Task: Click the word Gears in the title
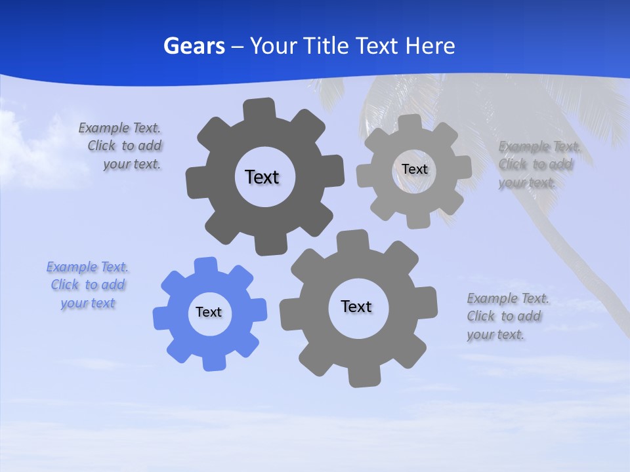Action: click(x=194, y=46)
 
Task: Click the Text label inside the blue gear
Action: click(x=209, y=312)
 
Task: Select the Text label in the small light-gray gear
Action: click(x=414, y=169)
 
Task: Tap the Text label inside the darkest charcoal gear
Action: click(x=262, y=177)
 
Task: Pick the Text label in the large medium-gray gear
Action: click(x=356, y=306)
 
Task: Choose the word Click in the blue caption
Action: click(x=64, y=285)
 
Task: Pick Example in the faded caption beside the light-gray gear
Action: click(x=524, y=146)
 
